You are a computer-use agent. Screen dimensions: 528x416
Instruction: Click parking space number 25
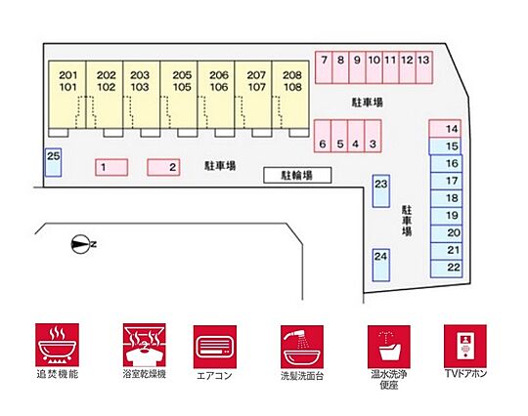coord(53,162)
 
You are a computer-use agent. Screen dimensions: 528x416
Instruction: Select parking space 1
coord(111,167)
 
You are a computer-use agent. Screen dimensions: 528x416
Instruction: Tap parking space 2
coord(163,167)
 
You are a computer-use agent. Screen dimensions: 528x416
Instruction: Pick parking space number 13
coord(424,67)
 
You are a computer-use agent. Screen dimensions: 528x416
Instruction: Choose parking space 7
coord(324,67)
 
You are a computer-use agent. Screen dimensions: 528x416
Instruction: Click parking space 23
coord(381,190)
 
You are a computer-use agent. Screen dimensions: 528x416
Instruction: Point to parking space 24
coord(381,265)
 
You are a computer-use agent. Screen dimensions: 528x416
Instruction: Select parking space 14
coord(445,129)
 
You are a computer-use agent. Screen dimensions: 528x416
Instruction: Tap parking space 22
coord(446,269)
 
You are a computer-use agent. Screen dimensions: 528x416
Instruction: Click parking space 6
coord(323,136)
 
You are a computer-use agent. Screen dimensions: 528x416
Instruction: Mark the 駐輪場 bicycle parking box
coord(297,175)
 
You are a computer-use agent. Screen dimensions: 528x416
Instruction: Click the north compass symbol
coord(81,244)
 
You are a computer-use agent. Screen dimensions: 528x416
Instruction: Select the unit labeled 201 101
coord(67,95)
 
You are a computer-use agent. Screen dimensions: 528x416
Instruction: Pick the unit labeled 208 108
coord(290,95)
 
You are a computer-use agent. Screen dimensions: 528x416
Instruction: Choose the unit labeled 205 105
coord(179,95)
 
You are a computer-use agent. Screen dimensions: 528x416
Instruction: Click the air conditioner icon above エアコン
coord(215,347)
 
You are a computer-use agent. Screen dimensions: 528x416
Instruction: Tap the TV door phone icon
coord(465,346)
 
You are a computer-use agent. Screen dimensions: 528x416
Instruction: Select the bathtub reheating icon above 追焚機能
coord(58,345)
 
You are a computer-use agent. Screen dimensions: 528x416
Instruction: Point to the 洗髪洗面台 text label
coord(302,375)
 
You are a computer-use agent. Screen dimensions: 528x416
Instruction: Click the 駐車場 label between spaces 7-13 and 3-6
coord(368,103)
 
